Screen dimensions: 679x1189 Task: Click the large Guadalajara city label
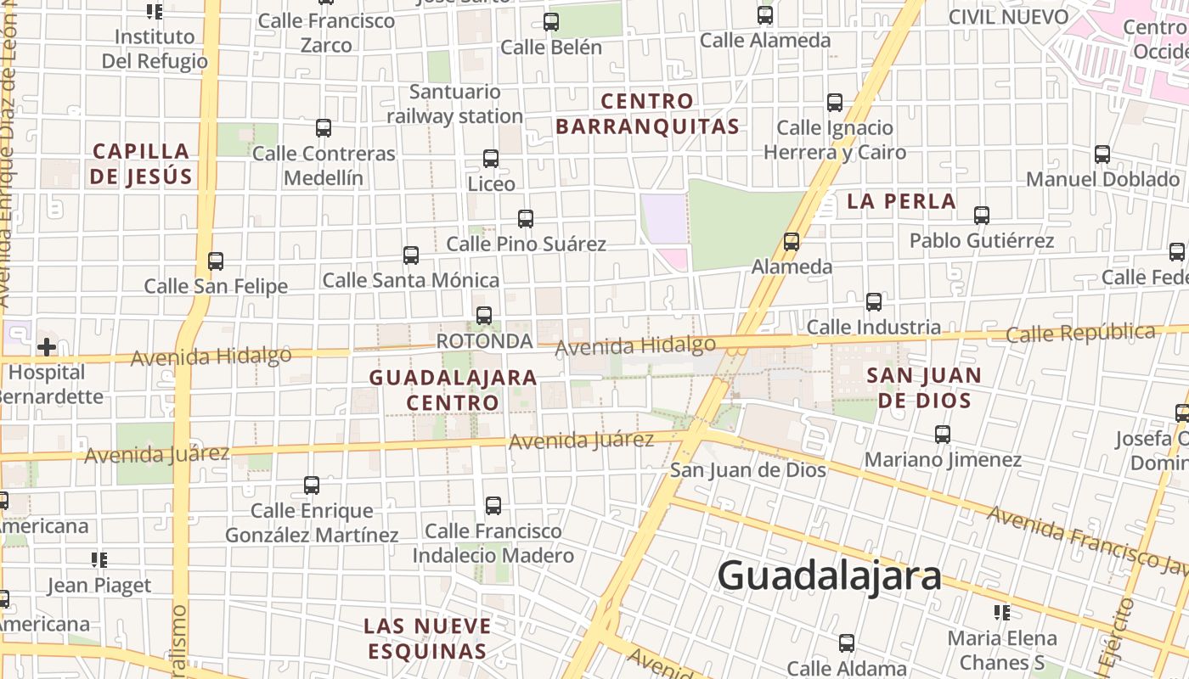[829, 576]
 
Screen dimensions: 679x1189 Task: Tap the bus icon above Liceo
[491, 159]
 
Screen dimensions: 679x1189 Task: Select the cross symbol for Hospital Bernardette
[47, 346]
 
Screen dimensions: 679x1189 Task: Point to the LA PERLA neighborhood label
[901, 201]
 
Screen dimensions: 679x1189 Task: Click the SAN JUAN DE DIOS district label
[923, 387]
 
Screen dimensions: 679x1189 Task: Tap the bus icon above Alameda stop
[792, 242]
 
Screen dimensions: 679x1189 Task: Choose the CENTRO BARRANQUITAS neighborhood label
[647, 114]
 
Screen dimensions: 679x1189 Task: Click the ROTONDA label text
[484, 341]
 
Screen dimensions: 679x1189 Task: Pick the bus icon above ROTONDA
[484, 316]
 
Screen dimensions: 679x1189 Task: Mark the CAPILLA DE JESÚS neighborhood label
[142, 164]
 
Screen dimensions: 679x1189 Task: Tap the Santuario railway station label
[454, 104]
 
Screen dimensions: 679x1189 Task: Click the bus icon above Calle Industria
[874, 302]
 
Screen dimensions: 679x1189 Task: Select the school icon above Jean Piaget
[99, 560]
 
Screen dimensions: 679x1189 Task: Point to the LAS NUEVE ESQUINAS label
[427, 638]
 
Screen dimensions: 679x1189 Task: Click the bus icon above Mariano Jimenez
[943, 435]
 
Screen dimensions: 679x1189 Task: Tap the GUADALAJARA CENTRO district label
[453, 390]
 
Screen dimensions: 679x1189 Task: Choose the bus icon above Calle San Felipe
[216, 261]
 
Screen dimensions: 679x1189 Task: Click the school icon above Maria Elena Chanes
[1002, 612]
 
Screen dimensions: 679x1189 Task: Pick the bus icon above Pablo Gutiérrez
[982, 216]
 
